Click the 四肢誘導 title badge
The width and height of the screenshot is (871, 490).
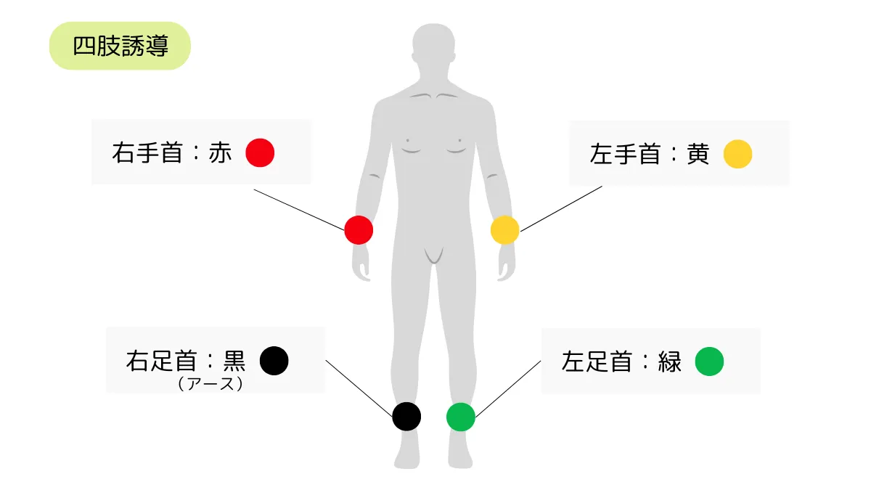point(120,46)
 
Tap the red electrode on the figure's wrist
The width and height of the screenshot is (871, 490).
point(359,230)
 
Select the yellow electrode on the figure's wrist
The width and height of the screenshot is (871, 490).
point(504,230)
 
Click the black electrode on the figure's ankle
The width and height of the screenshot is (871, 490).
point(406,417)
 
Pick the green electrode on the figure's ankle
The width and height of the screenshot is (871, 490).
point(461,417)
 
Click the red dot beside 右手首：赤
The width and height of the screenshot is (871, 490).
point(260,153)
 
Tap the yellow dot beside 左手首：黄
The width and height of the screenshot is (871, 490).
point(737,154)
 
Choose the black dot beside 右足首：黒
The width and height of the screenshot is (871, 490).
point(274,361)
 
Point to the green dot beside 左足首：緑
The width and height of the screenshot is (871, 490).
point(709,362)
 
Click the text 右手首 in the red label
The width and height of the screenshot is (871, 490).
point(147,153)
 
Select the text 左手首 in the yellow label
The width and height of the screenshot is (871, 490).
point(625,154)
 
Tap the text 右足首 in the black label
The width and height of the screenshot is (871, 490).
point(161,361)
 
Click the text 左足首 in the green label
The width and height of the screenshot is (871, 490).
point(597,362)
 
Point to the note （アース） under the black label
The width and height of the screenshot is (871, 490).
point(210,384)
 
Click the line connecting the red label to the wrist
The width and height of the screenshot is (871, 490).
point(299,210)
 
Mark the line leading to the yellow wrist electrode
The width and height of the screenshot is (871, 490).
point(561,209)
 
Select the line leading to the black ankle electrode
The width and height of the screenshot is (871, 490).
point(359,388)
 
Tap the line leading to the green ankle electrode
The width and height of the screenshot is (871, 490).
point(508,389)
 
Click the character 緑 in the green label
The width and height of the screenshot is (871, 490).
point(669,362)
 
